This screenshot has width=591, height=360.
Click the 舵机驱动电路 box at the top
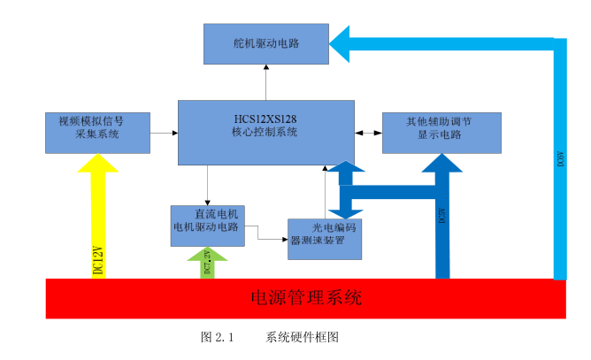pos(266,43)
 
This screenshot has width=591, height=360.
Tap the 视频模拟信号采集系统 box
pos(97,133)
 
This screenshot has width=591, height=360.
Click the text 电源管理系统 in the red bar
pos(306,297)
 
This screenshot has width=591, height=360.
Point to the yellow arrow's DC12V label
pos(98,261)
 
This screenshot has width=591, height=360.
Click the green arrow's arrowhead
pos(207,255)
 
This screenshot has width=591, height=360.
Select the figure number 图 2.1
pos(216,337)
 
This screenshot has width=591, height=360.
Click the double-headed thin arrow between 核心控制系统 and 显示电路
pos(368,133)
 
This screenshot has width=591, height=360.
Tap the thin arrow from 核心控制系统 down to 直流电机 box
pos(207,186)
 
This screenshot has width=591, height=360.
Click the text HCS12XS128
pos(265,118)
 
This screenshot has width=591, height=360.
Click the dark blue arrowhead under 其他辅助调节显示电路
pos(441,164)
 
